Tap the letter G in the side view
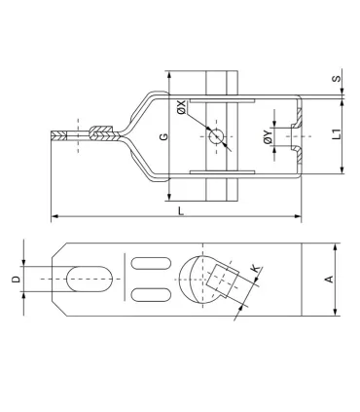162,135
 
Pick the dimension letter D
16,280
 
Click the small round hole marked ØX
215,136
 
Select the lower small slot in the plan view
147,294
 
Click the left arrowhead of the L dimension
54,215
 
